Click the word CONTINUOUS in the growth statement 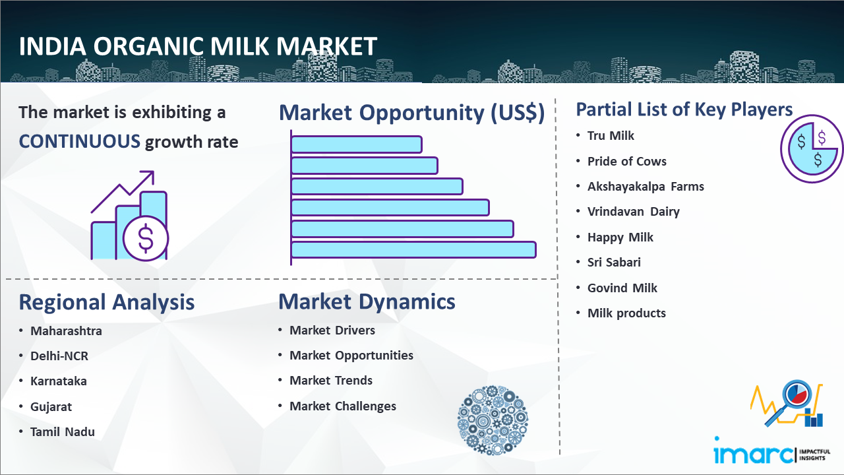point(80,142)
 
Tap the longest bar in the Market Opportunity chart point(413,250)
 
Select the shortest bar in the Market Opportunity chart point(357,144)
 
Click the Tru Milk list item point(611,136)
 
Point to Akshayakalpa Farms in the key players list point(646,187)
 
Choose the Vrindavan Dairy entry point(634,212)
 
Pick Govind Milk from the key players point(622,288)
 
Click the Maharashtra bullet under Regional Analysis point(66,331)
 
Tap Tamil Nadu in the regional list point(62,432)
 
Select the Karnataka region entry point(59,381)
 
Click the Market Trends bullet point(331,381)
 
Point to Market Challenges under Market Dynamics point(342,406)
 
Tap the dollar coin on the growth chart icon point(146,239)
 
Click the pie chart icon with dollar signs point(812,149)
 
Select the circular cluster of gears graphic point(493,420)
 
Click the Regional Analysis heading point(107,303)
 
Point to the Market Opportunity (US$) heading point(412,113)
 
